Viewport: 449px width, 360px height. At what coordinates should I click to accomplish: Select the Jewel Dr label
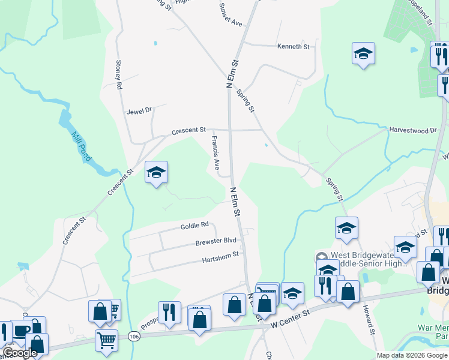139,111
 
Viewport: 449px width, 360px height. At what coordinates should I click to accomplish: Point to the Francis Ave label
214,152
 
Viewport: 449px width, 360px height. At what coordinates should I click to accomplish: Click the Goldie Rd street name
194,226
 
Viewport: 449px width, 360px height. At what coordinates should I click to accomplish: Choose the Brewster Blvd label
215,242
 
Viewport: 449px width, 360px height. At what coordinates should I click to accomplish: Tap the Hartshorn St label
220,254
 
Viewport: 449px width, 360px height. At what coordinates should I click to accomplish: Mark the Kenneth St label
293,46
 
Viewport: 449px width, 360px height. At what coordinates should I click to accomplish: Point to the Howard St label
368,320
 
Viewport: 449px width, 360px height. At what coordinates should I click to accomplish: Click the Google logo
20,353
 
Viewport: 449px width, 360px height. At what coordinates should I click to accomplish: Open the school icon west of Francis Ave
156,173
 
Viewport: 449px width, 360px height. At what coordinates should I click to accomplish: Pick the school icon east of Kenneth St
363,54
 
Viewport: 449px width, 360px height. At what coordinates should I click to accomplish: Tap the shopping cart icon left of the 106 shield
106,340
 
